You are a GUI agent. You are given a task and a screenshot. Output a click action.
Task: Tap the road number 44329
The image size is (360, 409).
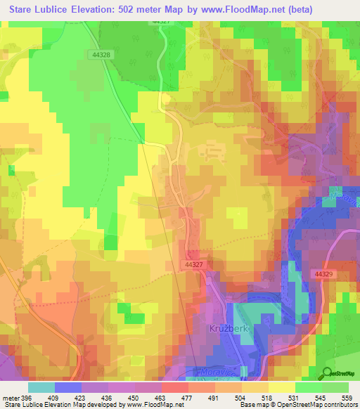pyautogui.click(x=324, y=273)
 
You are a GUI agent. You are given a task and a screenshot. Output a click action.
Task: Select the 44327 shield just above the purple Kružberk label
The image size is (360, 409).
pyautogui.click(x=195, y=264)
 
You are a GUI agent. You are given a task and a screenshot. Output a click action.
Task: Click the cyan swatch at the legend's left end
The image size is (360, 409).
pyautogui.click(x=41, y=387)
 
